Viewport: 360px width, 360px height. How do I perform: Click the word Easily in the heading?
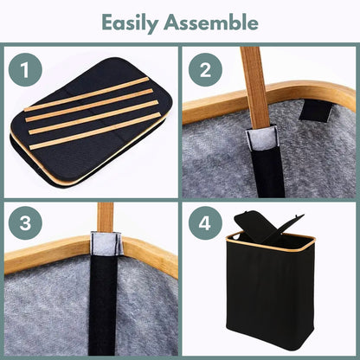130,23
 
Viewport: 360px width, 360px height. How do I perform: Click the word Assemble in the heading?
211,22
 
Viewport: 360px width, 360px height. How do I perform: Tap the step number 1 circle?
25,69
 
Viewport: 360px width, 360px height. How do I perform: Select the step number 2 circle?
205,69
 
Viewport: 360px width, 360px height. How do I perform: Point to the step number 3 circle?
25,222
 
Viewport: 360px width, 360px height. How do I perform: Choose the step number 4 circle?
205,222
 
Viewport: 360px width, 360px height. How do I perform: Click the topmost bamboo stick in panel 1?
87,94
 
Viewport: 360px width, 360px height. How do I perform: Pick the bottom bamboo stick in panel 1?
95,131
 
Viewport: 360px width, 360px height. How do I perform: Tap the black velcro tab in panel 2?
316,111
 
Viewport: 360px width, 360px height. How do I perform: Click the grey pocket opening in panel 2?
262,138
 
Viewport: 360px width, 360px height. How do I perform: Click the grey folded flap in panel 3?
106,243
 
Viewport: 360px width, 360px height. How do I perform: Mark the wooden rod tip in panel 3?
106,217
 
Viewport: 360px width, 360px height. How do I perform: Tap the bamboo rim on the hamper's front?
267,245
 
